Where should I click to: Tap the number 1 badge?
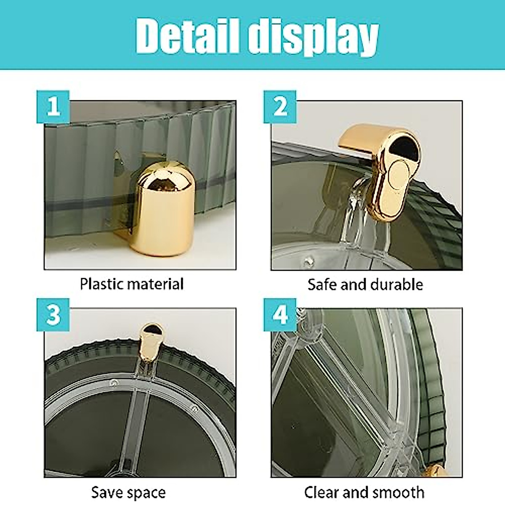[x=53, y=107]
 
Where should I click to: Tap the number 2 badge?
[x=280, y=107]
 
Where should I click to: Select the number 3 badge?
[x=53, y=315]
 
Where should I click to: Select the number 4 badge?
[x=280, y=315]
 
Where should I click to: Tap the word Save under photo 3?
[x=107, y=492]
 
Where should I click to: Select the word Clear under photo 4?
[x=322, y=492]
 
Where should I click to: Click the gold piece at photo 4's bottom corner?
[x=438, y=471]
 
